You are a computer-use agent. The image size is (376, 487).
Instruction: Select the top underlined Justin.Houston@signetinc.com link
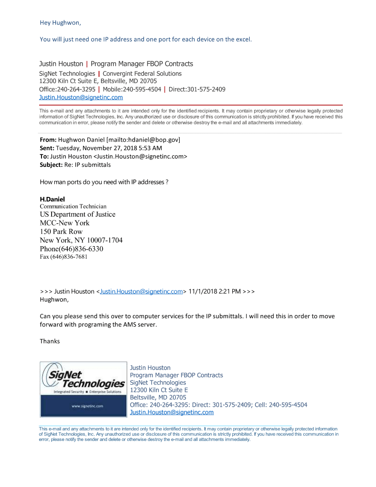pyautogui.click(x=81, y=97)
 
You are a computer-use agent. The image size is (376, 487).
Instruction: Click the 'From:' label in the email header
pyautogui.click(x=48, y=140)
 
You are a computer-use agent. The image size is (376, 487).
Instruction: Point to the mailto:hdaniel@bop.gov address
pyautogui.click(x=143, y=140)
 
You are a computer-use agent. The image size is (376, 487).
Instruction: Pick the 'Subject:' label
pyautogui.click(x=51, y=165)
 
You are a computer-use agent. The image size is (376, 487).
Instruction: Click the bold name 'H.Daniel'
pyautogui.click(x=52, y=199)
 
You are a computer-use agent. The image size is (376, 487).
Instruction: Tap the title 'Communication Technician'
pyautogui.click(x=73, y=207)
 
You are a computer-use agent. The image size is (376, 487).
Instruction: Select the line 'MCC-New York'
pyautogui.click(x=65, y=223)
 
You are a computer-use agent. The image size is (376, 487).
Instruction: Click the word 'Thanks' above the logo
pyautogui.click(x=50, y=341)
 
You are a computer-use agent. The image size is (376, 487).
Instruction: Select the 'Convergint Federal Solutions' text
pyautogui.click(x=142, y=74)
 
